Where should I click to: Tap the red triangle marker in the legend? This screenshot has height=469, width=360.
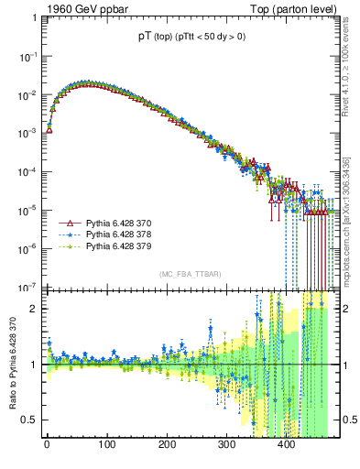click(66, 223)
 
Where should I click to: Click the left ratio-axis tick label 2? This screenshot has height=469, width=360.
click(35, 309)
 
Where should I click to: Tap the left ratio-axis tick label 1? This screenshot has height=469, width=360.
click(35, 365)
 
